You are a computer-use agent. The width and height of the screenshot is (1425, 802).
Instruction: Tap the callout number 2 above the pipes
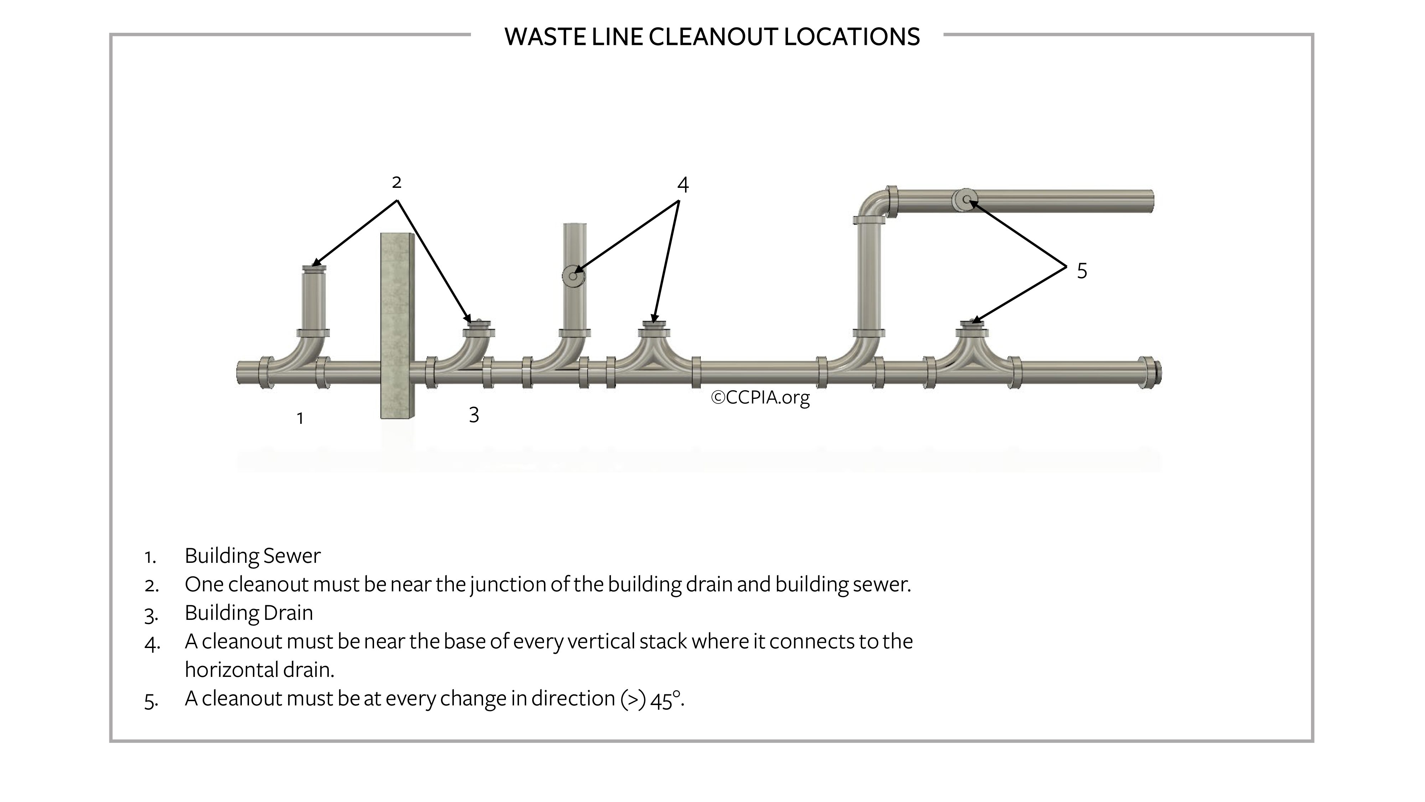coord(396,182)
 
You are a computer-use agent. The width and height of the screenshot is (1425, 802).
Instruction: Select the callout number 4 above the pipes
coord(683,185)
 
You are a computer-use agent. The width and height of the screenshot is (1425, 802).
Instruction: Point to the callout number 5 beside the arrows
coord(1082,271)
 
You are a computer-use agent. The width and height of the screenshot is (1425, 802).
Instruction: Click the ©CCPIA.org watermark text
coord(760,397)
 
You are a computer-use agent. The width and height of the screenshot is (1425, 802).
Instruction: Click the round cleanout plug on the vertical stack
coord(573,276)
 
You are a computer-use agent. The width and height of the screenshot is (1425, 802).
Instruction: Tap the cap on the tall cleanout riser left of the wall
coord(313,268)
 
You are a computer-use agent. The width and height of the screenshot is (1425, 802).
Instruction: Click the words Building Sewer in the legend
coord(252,556)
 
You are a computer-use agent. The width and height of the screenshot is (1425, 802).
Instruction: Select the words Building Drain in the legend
coord(248,613)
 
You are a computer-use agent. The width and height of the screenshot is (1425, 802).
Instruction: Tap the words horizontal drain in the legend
coord(259,670)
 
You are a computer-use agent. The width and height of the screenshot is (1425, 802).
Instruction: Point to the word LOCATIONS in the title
coord(851,37)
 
